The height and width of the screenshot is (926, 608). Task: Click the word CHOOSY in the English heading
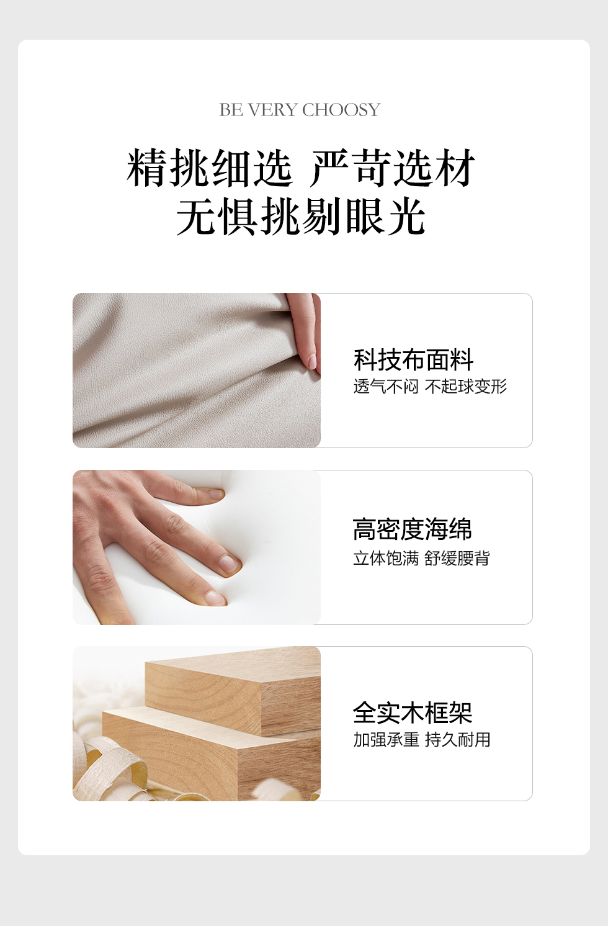pyautogui.click(x=341, y=110)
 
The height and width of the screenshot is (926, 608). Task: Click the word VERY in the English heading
pyautogui.click(x=273, y=110)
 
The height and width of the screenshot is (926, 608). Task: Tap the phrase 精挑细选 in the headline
pyautogui.click(x=210, y=168)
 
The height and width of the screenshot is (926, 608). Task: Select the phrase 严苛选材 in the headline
pyautogui.click(x=393, y=168)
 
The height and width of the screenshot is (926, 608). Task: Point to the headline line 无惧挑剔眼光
pyautogui.click(x=301, y=216)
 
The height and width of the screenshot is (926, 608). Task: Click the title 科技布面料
pyautogui.click(x=413, y=360)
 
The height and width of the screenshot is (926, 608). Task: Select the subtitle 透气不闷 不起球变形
pyautogui.click(x=430, y=387)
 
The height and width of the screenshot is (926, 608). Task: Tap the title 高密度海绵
pyautogui.click(x=412, y=529)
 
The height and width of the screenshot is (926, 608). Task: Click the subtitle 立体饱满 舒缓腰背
pyautogui.click(x=421, y=558)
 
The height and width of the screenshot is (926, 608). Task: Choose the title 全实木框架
pyautogui.click(x=413, y=712)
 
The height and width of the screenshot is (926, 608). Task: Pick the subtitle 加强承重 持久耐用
pyautogui.click(x=422, y=740)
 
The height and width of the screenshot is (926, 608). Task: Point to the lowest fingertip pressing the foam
pyautogui.click(x=216, y=598)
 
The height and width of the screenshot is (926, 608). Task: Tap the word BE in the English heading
pyautogui.click(x=231, y=110)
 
